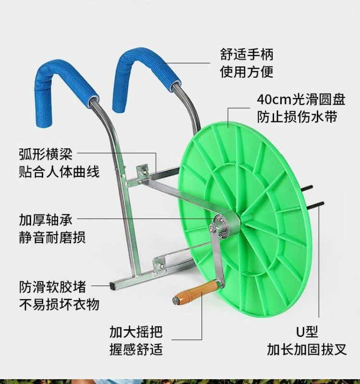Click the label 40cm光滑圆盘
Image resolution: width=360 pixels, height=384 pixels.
pyautogui.click(x=301, y=99)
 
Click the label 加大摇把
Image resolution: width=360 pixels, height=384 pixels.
pyautogui.click(x=136, y=332)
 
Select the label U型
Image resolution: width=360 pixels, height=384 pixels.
pyautogui.click(x=306, y=332)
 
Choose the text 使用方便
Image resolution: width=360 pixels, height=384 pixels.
pyautogui.click(x=247, y=72)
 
